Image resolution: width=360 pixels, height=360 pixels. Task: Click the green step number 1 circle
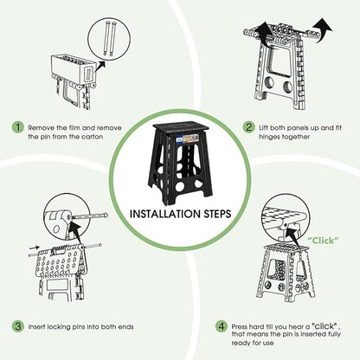(18, 127)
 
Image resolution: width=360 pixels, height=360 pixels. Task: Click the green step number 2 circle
(248, 127)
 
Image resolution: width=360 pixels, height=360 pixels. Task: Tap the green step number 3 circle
(18, 326)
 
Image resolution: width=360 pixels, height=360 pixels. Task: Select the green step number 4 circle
(222, 326)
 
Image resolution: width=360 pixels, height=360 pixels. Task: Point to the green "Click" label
(323, 241)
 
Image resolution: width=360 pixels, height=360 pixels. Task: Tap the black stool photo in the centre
(180, 159)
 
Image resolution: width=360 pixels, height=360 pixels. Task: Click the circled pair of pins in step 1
(110, 38)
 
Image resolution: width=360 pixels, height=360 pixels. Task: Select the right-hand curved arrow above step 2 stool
(322, 30)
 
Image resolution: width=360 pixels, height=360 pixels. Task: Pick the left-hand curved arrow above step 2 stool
(264, 35)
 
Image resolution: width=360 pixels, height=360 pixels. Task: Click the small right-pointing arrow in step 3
(35, 247)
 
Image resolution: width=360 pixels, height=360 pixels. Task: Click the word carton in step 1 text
(92, 137)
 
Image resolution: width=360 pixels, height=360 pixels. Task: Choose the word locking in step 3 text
(59, 327)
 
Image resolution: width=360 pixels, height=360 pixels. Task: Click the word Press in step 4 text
(239, 327)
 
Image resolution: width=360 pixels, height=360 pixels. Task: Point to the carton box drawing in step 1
(74, 69)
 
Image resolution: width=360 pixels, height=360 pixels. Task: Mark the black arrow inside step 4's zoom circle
(293, 236)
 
